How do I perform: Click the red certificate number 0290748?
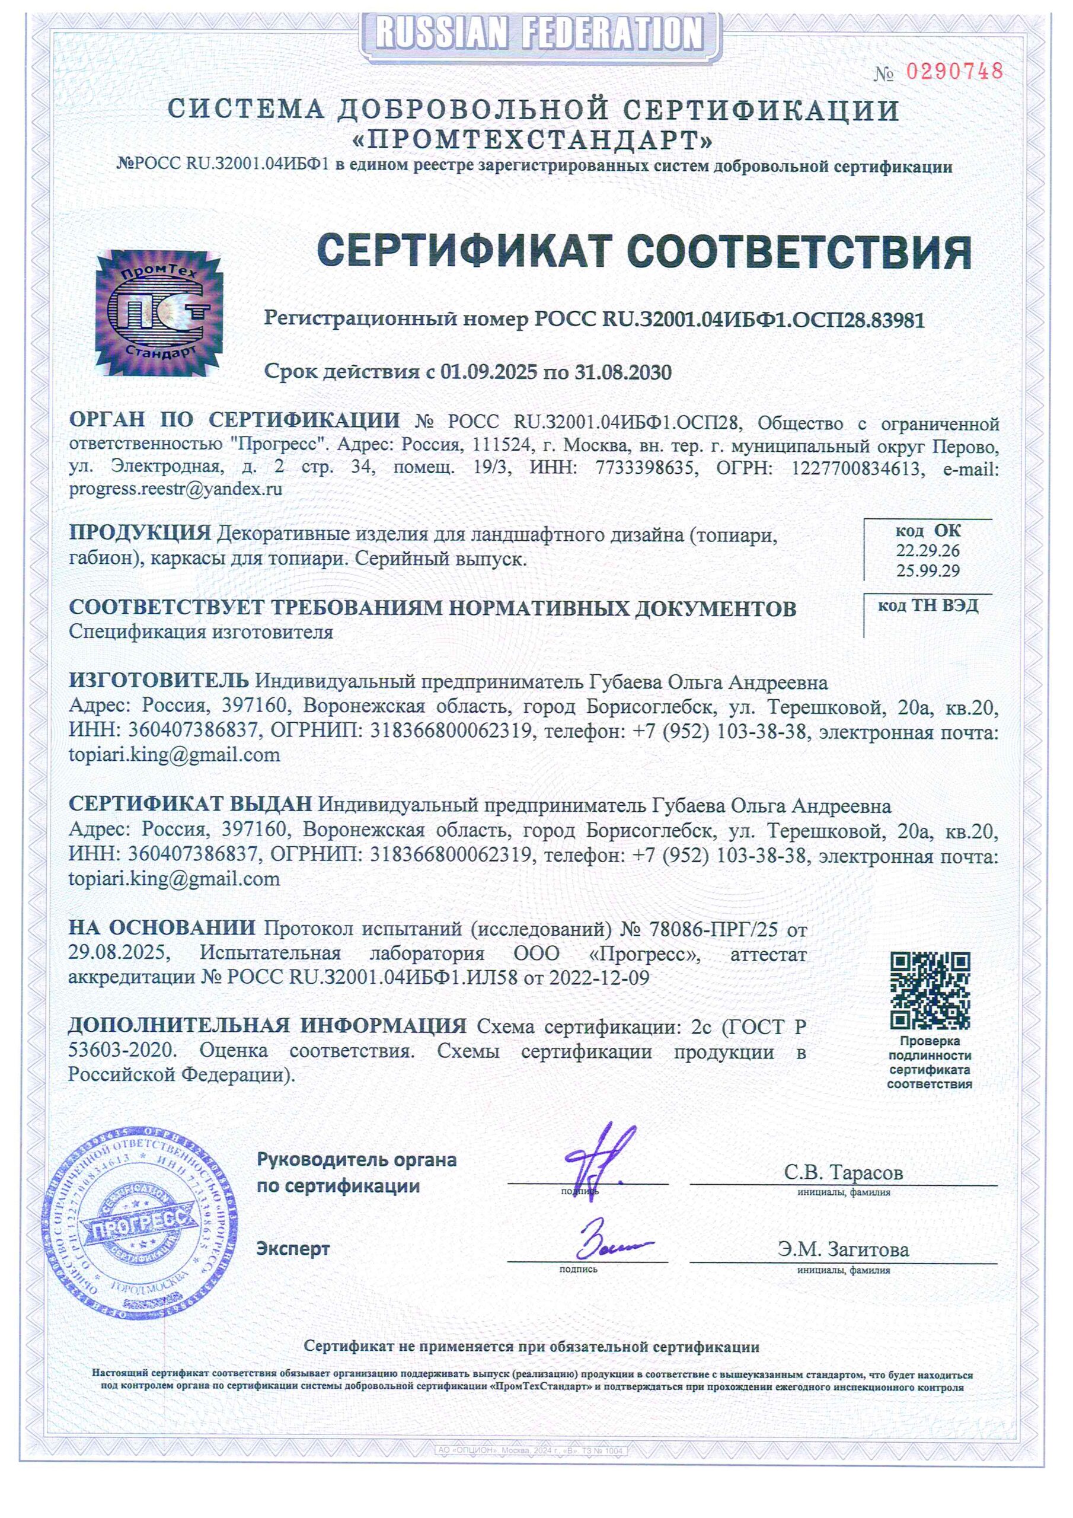pos(954,71)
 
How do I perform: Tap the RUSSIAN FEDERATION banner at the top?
pos(539,33)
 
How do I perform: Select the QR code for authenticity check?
pos(930,990)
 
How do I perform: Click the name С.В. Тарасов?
pos(843,1172)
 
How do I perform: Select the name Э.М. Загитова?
pos(843,1249)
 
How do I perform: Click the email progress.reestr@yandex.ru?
pos(176,489)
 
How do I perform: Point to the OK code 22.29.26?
pos(928,551)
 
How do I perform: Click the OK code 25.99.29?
pos(928,570)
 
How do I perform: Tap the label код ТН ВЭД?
pos(928,605)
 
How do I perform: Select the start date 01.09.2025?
pos(488,372)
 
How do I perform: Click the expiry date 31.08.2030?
pos(623,372)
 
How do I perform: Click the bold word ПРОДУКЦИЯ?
pos(140,533)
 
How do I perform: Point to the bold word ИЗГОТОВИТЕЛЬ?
pos(159,680)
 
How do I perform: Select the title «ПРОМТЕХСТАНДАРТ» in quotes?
pos(534,140)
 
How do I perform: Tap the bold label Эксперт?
pos(293,1249)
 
